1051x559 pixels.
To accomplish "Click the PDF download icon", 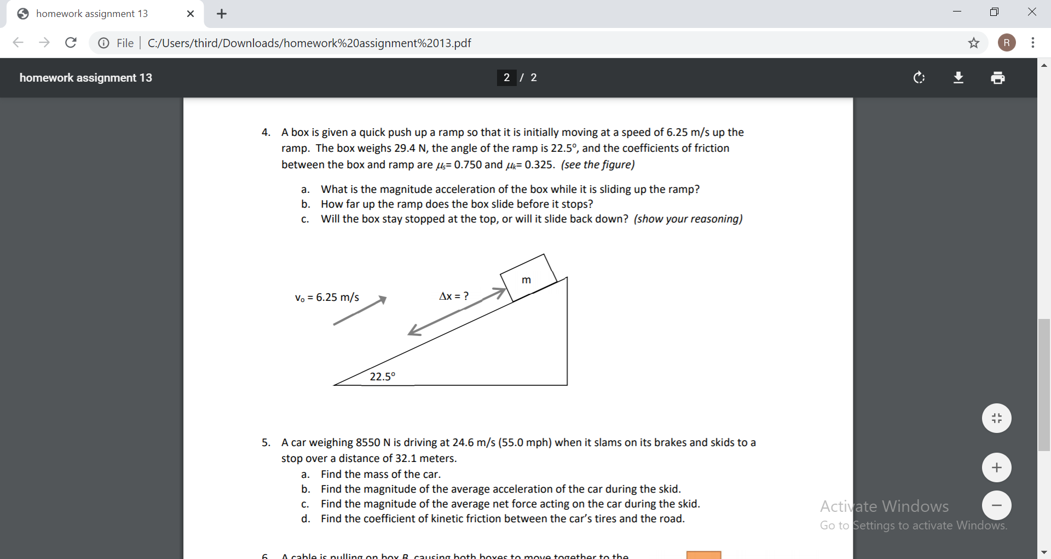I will click(x=958, y=78).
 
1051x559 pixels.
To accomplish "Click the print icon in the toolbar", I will click(x=997, y=78).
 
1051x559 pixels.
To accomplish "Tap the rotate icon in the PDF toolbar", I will click(x=919, y=78).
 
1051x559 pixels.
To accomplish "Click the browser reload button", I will click(x=71, y=43).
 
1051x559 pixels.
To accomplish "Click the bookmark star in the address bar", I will click(x=973, y=43).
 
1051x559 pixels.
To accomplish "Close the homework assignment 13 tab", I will click(x=190, y=14).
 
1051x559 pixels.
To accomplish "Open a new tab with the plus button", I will click(x=222, y=14).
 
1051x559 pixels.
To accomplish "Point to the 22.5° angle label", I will click(x=382, y=377).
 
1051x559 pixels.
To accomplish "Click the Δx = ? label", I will click(x=454, y=296).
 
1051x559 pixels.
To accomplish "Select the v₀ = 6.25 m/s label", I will click(x=327, y=298).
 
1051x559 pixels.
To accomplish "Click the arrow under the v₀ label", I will click(x=360, y=311).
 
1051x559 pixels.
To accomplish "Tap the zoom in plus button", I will click(x=996, y=467).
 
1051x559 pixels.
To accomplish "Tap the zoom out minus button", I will click(x=996, y=505).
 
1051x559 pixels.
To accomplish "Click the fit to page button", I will click(x=996, y=418).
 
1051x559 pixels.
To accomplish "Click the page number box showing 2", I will click(x=506, y=78).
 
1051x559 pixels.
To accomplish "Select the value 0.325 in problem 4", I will click(x=538, y=164).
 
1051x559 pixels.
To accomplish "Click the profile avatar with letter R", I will click(x=1006, y=43).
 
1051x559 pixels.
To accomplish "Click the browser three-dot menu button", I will click(x=1032, y=43).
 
